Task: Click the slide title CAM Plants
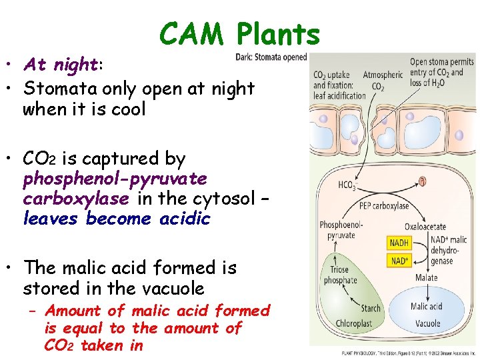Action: coord(240,33)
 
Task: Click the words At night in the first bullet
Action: coord(61,65)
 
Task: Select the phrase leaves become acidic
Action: coord(117,219)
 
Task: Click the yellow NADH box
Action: coord(399,243)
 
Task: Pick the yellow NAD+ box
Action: coord(399,259)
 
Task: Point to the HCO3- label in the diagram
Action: coord(347,185)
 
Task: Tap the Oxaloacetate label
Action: coord(425,227)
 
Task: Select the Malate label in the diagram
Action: coord(426,277)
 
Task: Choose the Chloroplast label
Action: coord(353,323)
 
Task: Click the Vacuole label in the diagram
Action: coord(427,323)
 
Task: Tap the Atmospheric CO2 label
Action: coord(383,80)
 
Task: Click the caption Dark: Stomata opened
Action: coord(271,57)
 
